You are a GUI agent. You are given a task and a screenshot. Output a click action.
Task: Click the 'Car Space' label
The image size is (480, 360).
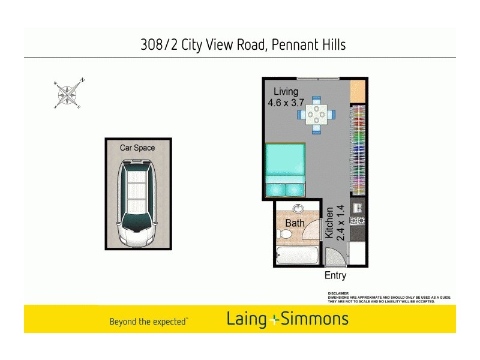(x=137, y=148)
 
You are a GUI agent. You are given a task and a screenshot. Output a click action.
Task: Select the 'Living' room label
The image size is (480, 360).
(x=286, y=92)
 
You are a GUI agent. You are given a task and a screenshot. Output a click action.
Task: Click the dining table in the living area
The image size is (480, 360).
(x=316, y=114)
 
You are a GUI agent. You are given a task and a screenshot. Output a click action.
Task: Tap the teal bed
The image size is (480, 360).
(x=285, y=170)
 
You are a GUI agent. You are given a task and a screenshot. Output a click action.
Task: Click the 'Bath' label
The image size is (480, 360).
(x=295, y=223)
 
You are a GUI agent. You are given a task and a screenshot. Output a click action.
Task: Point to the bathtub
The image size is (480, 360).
(x=298, y=255)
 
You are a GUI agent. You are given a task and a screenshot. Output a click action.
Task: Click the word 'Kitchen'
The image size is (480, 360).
(x=329, y=223)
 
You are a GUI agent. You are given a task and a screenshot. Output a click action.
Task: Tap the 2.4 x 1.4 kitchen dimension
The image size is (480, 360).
(x=340, y=223)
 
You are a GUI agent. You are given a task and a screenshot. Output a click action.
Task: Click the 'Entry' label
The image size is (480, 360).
(x=335, y=276)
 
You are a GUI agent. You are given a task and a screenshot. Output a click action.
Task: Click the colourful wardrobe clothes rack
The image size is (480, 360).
(x=358, y=150)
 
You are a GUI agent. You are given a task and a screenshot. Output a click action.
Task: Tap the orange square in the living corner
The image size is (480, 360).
(x=358, y=90)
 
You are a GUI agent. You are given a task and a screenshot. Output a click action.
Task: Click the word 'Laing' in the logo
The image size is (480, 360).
(x=246, y=319)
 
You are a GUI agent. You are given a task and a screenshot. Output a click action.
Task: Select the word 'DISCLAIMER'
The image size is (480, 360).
(x=338, y=293)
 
